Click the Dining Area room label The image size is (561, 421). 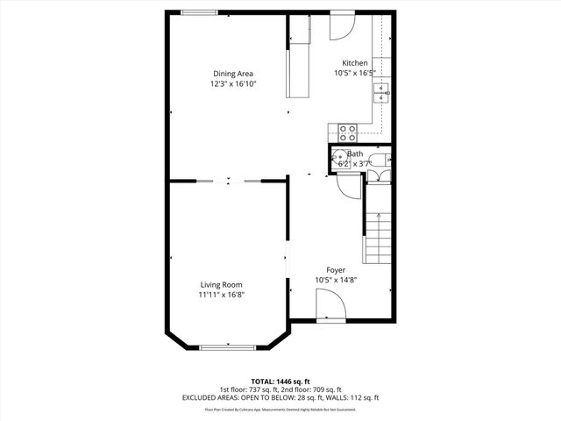point(232,74)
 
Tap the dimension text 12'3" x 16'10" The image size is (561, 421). point(232,84)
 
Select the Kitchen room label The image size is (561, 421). point(355,63)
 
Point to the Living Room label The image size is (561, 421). point(221,284)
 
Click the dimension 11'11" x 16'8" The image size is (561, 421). point(221,295)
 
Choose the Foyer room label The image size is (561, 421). point(336,270)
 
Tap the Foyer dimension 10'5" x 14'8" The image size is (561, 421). point(336,281)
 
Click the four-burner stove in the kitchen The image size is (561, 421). point(348,132)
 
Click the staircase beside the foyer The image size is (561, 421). point(377,237)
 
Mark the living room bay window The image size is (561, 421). point(228,347)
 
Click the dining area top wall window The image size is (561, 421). point(199,11)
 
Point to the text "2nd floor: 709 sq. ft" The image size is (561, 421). point(310,389)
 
